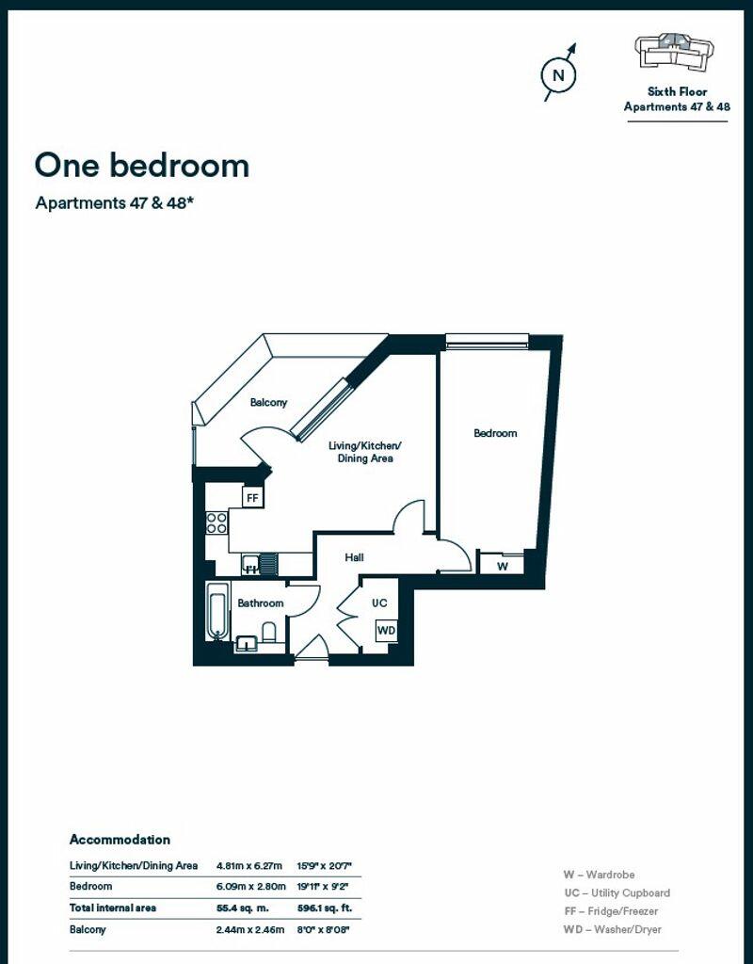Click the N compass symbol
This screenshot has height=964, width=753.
pyautogui.click(x=558, y=74)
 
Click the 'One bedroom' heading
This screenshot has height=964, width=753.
pyautogui.click(x=142, y=166)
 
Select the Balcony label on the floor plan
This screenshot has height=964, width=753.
pyautogui.click(x=268, y=403)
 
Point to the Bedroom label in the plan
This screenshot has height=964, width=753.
pyautogui.click(x=495, y=433)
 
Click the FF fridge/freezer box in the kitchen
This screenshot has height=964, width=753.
pyautogui.click(x=252, y=497)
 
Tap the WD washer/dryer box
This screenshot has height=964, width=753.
pyautogui.click(x=386, y=630)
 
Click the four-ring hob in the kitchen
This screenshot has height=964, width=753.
pyautogui.click(x=216, y=522)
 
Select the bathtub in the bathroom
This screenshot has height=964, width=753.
pyautogui.click(x=216, y=612)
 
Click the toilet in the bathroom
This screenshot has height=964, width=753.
pyautogui.click(x=269, y=632)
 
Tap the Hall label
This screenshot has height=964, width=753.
pyautogui.click(x=354, y=557)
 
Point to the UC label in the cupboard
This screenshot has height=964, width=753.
pyautogui.click(x=379, y=603)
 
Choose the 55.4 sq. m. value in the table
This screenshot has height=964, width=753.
pyautogui.click(x=242, y=908)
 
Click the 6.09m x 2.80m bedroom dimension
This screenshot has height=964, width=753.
pyautogui.click(x=250, y=886)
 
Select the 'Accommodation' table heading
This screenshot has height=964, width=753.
pyautogui.click(x=120, y=840)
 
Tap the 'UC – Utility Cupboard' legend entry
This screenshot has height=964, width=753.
pyautogui.click(x=617, y=892)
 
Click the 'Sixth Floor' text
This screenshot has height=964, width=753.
pyautogui.click(x=678, y=91)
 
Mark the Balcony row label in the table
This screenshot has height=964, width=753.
pyautogui.click(x=88, y=929)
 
